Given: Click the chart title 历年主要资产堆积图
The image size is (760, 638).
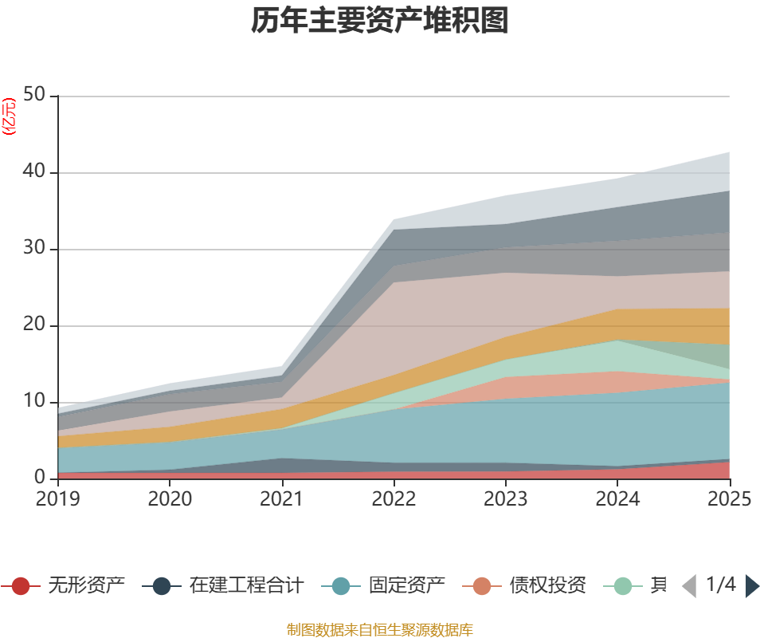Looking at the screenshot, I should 380,22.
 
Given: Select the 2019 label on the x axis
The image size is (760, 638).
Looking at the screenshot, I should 57,499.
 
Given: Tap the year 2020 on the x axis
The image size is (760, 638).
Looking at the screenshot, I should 170,499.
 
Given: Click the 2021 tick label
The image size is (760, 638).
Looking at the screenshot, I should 282,499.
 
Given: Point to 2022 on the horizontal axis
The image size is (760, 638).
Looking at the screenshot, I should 394,499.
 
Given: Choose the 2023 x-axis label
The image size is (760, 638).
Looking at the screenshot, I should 506,499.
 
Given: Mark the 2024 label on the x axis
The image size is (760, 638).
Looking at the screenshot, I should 618,499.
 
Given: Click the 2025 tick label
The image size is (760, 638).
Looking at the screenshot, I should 729,499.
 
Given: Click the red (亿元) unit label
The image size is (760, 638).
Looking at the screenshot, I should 9,116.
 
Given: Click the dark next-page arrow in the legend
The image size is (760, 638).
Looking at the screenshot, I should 751,586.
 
